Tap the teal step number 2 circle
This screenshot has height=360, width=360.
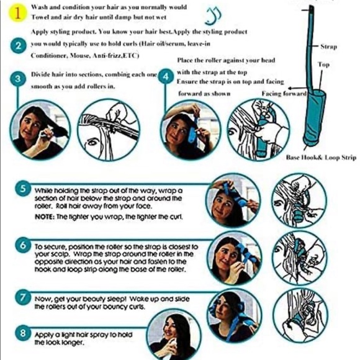pyautogui.click(x=19, y=46)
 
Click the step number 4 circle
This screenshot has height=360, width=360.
pyautogui.click(x=165, y=76)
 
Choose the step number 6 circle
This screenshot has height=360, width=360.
pyautogui.click(x=23, y=246)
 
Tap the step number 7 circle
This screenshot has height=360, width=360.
pyautogui.click(x=23, y=297)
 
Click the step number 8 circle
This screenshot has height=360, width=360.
pyautogui.click(x=23, y=333)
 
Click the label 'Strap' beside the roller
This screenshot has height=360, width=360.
pyautogui.click(x=328, y=47)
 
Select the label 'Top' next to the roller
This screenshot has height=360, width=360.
pyautogui.click(x=323, y=65)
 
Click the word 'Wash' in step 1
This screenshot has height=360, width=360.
pyautogui.click(x=38, y=4)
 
